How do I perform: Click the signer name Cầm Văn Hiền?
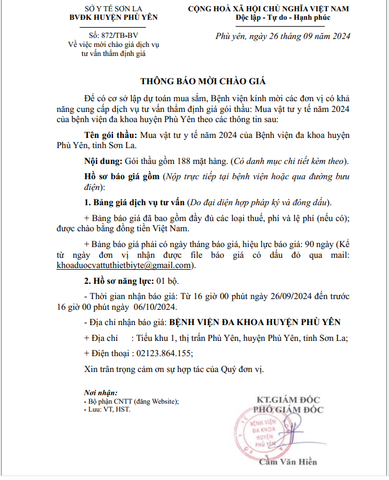click(287, 462)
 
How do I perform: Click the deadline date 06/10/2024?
click(156, 307)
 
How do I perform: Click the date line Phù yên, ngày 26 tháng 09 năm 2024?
click(283, 36)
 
